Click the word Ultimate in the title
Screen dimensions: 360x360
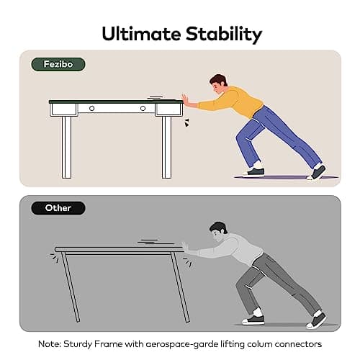141,34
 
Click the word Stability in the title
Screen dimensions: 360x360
224,35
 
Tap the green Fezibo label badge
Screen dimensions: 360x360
58,64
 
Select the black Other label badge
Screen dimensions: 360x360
58,208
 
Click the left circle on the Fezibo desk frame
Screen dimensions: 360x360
91,109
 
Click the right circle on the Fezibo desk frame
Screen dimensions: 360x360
143,109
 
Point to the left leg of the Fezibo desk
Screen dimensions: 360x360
67,147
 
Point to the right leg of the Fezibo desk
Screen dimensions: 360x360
166,147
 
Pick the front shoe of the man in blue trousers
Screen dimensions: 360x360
253,172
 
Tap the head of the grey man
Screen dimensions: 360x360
218,232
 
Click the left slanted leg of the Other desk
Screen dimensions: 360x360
70,287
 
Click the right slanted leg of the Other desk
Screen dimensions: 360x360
180,287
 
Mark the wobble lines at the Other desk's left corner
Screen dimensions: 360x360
55,258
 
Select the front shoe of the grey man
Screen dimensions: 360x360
253,320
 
